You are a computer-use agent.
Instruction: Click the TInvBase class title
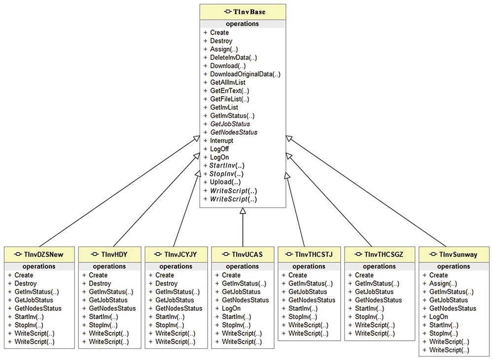(249, 12)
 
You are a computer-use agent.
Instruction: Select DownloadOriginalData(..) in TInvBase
(245, 74)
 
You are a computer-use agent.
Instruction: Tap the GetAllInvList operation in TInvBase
(228, 82)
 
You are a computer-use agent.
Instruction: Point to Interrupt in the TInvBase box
(222, 141)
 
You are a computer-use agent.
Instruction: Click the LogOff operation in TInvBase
(219, 149)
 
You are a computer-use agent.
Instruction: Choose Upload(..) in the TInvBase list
(225, 182)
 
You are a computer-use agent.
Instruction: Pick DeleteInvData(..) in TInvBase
(234, 58)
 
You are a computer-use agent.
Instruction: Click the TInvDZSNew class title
(43, 254)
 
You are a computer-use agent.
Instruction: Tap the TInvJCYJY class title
(180, 254)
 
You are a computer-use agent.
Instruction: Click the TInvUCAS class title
(247, 254)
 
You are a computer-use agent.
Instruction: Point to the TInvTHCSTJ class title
(314, 254)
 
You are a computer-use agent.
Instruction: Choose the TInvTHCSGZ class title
(384, 254)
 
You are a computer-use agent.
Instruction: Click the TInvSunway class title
(458, 254)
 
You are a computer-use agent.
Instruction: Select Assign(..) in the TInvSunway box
(443, 284)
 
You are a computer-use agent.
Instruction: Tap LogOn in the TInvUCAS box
(231, 308)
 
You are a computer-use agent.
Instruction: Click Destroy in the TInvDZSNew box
(26, 284)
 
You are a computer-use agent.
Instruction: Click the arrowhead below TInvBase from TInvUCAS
(243, 211)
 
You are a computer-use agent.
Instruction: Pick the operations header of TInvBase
(243, 24)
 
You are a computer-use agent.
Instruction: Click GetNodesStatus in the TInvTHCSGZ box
(378, 300)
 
